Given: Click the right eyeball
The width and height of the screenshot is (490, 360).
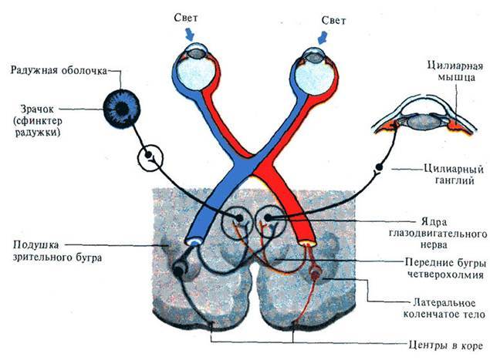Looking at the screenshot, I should click(312, 74).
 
